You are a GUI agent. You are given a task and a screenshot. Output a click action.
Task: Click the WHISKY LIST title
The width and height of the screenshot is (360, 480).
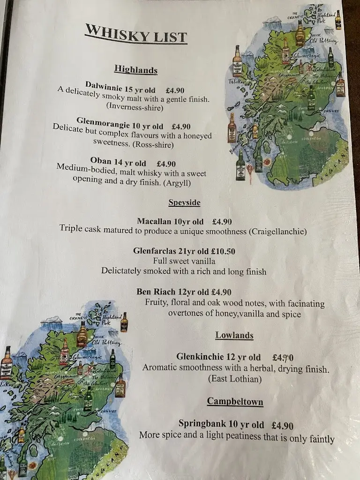coord(136,36)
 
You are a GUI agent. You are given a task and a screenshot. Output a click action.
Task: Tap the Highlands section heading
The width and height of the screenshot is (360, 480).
coord(135,70)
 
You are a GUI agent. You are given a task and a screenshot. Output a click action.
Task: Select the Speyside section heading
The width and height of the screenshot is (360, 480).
coord(184,202)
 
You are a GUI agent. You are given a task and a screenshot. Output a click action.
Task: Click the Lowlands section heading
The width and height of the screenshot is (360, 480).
coord(234,335)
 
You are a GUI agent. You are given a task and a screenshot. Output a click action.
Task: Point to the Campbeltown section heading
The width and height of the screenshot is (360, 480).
coord(235,402)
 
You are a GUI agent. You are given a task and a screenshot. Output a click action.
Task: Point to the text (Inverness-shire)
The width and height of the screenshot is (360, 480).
coord(135,107)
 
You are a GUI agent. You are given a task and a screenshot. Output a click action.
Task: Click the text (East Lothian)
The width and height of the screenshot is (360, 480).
coord(235,379)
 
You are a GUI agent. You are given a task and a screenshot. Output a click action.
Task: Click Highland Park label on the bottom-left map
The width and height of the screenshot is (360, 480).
coord(111,320)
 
